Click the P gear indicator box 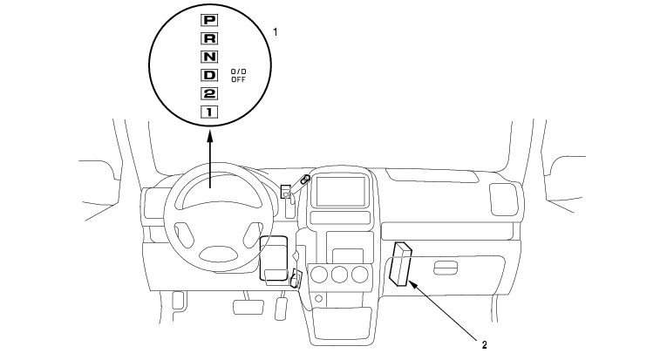(x=209, y=17)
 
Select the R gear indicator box (x=209, y=37)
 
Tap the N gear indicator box (x=209, y=57)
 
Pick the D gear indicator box (x=209, y=75)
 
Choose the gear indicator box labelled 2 (x=209, y=93)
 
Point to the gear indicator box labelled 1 (x=209, y=112)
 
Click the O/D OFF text (x=238, y=74)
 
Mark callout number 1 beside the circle (x=276, y=31)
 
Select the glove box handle (x=444, y=267)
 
